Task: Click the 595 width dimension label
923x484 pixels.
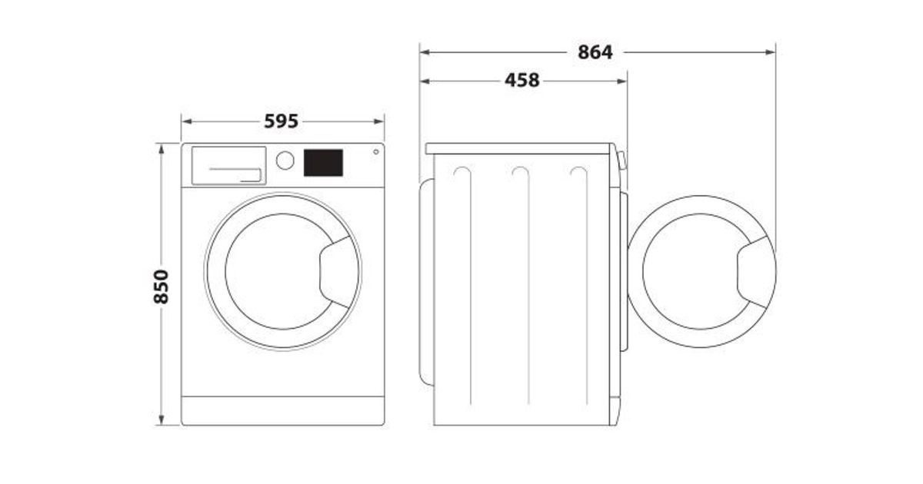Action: [281, 121]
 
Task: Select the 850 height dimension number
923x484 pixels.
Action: [161, 287]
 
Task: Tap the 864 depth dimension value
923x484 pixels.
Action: [595, 52]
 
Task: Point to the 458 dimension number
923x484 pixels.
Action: [522, 80]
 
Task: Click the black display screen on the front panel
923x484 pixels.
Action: [323, 163]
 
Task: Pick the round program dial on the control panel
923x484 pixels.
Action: [285, 161]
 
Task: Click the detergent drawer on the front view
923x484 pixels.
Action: [228, 165]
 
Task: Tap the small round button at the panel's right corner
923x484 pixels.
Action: [376, 152]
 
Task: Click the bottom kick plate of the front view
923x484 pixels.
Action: [283, 411]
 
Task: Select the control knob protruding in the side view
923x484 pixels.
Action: [621, 161]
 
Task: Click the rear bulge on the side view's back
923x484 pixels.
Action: [426, 283]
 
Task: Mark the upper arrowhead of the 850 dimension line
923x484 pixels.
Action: [161, 149]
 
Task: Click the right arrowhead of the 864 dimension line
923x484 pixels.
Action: [770, 52]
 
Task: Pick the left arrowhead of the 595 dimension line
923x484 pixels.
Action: [187, 121]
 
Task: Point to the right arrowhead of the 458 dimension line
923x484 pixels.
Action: [621, 81]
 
